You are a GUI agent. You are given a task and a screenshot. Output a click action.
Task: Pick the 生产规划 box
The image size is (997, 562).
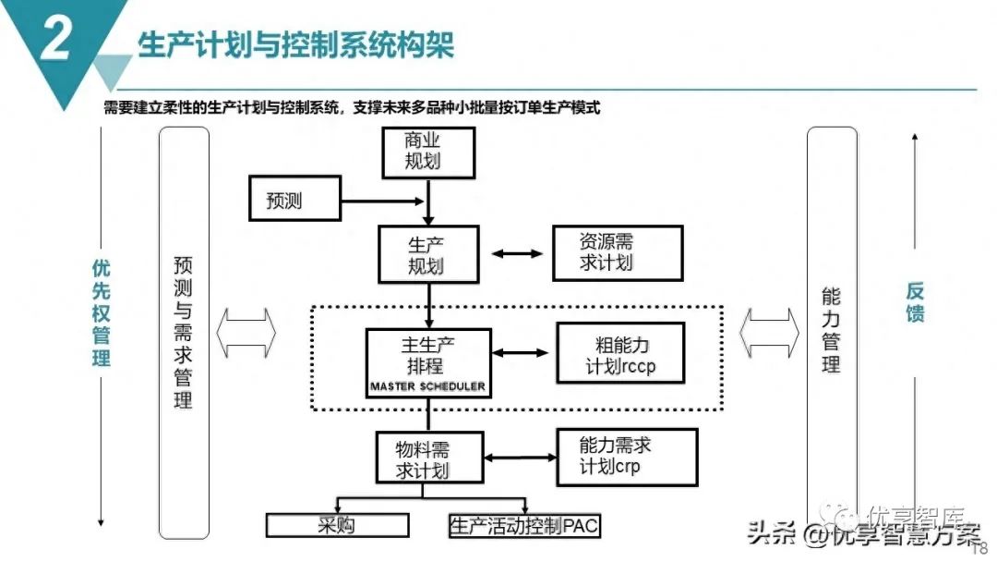[427, 254]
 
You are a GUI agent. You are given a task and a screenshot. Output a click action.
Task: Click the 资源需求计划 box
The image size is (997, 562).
[618, 252]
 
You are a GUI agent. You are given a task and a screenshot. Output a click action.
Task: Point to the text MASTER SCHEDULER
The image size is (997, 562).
[428, 386]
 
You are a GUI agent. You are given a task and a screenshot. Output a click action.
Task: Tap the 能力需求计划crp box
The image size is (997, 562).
[620, 456]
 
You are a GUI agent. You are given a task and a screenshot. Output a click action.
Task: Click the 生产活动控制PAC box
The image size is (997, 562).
[523, 526]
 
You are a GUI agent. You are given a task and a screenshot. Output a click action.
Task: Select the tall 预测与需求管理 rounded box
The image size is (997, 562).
[184, 333]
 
